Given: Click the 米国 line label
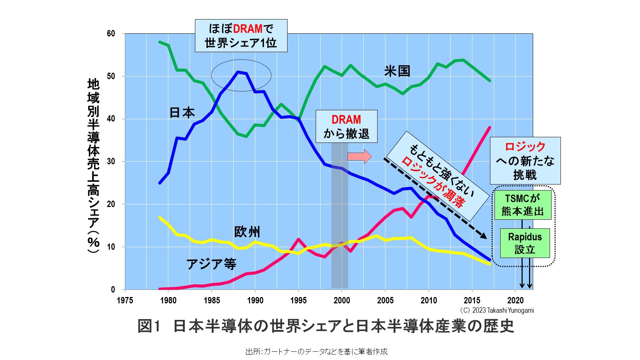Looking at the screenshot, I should [x=397, y=71].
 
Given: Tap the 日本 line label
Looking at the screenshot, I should [x=182, y=112].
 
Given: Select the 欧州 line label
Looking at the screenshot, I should [x=247, y=232].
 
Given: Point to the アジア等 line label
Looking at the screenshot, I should [x=211, y=264].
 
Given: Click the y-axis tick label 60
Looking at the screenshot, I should [x=111, y=34].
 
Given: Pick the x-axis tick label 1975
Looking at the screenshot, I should [x=125, y=300].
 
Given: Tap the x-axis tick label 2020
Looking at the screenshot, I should [x=516, y=300].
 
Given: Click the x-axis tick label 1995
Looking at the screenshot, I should [x=298, y=300].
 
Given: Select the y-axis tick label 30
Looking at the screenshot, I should [x=111, y=162].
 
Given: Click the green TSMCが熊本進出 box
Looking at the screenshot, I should [x=523, y=205].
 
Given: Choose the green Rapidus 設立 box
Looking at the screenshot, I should [x=525, y=243].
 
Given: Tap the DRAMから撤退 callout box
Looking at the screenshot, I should [x=346, y=126].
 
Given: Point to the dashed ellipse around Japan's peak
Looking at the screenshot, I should [x=241, y=76].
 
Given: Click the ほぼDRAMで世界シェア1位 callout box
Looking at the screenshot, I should [x=241, y=36].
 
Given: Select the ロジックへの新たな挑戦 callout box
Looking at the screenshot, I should [x=525, y=160].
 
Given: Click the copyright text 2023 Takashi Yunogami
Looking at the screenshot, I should [x=497, y=310].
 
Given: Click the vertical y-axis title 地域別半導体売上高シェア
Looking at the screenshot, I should [x=93, y=165].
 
